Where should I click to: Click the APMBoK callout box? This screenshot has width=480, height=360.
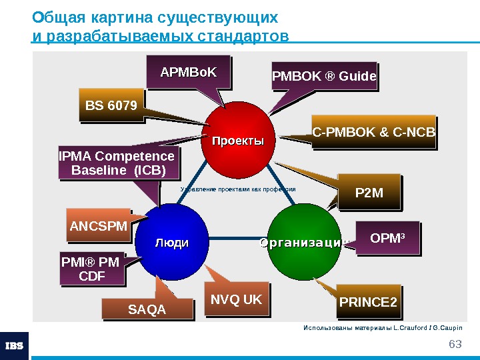click(189, 73)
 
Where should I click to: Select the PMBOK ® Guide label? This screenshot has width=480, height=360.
click(324, 78)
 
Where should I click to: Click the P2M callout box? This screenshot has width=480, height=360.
click(370, 193)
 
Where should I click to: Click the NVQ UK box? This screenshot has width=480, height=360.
click(236, 300)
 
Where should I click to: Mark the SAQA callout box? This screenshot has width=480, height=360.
click(147, 309)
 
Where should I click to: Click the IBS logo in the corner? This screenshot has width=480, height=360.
click(14, 345)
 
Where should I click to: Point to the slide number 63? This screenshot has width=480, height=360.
click(455, 344)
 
